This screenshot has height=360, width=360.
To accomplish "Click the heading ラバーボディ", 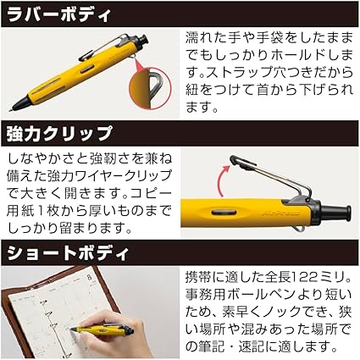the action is pos(58,14).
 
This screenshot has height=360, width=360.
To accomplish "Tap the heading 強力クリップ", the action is pos(59,134).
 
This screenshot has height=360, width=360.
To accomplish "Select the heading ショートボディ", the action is pos(68,253).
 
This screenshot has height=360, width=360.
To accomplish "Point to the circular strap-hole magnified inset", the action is pos(150,88).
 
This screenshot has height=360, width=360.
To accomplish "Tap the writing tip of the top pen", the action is pos(10,110).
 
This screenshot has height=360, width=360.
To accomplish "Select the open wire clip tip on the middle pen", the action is pos(235,160).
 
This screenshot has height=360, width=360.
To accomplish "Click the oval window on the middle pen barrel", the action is pos(225,212).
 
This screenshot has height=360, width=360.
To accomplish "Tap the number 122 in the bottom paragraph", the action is pos(305,278).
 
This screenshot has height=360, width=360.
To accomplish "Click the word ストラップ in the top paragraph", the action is pos(238,73).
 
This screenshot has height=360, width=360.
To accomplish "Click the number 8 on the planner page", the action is pos(89,277).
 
